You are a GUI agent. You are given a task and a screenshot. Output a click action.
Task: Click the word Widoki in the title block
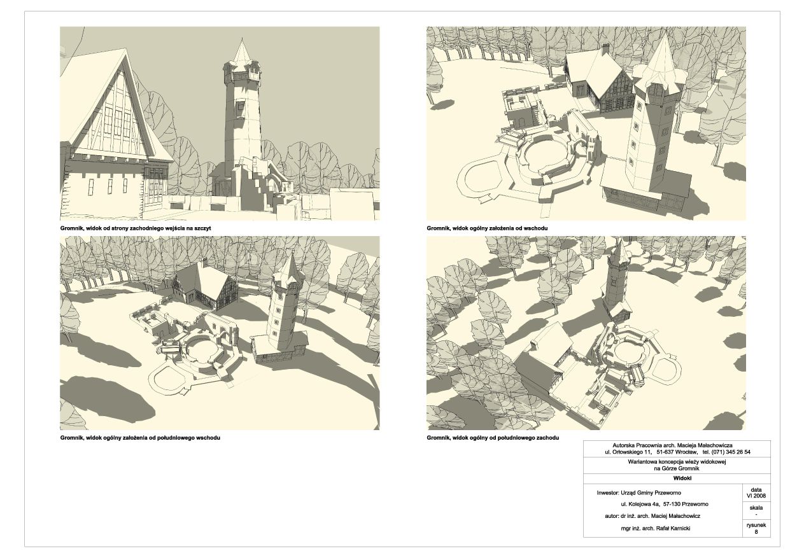[x=682, y=478]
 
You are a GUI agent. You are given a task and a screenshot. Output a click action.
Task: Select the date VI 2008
[x=756, y=495]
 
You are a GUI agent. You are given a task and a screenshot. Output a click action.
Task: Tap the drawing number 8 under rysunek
[x=756, y=531]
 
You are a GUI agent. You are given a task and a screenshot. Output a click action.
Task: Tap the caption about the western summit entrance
[x=136, y=228]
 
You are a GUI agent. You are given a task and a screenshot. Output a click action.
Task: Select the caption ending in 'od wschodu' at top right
[x=487, y=228]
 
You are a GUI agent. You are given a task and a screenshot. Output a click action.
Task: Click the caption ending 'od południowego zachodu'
[x=493, y=438]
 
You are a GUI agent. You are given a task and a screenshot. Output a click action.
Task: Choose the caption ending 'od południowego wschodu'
[x=140, y=438]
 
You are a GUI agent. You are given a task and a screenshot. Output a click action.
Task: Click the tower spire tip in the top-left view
[x=242, y=38]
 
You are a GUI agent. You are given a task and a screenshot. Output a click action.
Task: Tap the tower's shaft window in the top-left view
[x=241, y=106]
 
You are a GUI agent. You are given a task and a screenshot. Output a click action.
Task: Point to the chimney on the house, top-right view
[x=605, y=48]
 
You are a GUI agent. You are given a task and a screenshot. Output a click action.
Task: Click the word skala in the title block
[x=756, y=508]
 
